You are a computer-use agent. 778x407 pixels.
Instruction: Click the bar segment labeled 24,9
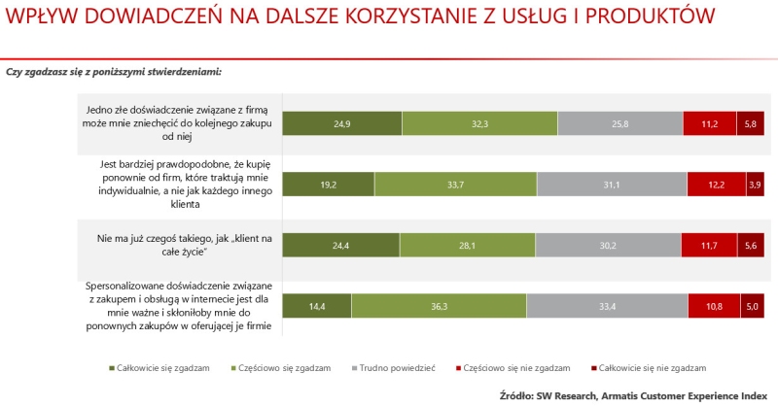tap(341, 123)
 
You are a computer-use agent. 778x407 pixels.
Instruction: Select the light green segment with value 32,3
tap(479, 123)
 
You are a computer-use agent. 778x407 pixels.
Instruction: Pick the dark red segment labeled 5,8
tap(750, 123)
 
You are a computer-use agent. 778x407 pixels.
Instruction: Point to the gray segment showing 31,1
tap(612, 185)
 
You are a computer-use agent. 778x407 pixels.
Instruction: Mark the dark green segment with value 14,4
tap(317, 306)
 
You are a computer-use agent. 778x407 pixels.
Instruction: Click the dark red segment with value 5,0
tap(752, 306)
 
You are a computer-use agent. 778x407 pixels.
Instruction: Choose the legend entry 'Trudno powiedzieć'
tap(393, 368)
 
